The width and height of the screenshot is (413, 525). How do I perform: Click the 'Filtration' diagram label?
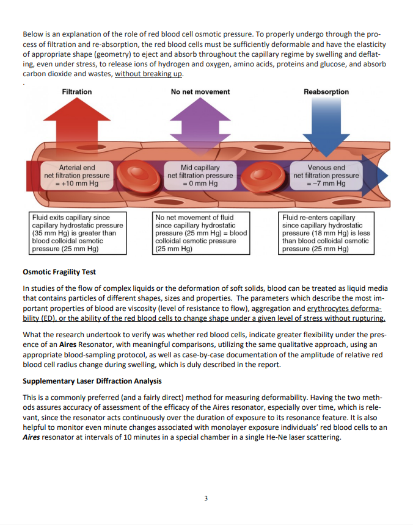[77, 91]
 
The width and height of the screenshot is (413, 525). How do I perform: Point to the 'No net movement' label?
[200, 91]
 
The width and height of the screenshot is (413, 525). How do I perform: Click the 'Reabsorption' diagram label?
[326, 91]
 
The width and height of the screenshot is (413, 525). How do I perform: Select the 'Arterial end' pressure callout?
[77, 176]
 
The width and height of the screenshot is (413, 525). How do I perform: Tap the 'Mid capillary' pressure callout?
[200, 176]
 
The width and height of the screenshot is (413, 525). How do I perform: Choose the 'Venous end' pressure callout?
[326, 176]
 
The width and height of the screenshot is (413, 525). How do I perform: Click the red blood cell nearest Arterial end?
[139, 176]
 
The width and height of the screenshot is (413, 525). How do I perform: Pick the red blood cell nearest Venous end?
[263, 176]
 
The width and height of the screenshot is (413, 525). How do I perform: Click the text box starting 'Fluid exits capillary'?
[78, 233]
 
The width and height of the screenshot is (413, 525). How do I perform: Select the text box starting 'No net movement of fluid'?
[201, 233]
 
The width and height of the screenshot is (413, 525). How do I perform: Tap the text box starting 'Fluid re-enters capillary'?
[326, 233]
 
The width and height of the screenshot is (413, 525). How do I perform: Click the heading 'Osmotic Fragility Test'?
[59, 272]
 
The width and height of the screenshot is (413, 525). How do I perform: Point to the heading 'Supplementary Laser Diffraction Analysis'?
[92, 381]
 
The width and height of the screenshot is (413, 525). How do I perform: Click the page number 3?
[206, 498]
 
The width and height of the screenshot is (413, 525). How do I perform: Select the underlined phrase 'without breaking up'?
[148, 74]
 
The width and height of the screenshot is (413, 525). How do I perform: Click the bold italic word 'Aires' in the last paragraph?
[31, 437]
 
